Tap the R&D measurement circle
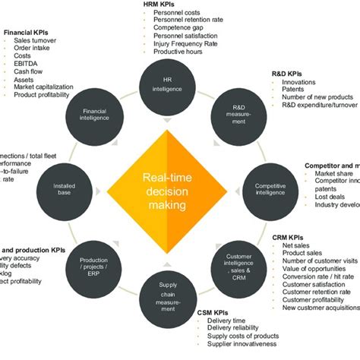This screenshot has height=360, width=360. tap(238, 113)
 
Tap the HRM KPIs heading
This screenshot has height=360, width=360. tap(161, 5)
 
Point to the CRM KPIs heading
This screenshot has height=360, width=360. tap(289, 238)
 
